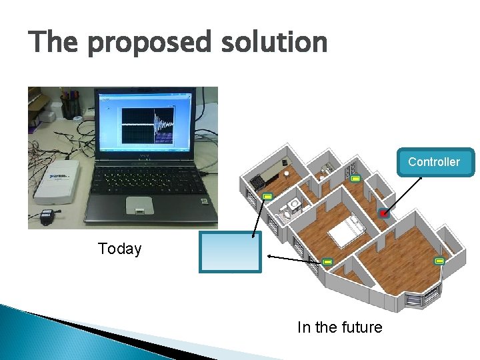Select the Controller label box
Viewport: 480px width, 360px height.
(434, 162)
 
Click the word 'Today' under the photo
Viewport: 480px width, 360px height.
(119, 249)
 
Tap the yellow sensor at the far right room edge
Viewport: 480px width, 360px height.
(440, 261)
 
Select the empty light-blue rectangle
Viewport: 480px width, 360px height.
(231, 251)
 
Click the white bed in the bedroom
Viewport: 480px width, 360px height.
(347, 234)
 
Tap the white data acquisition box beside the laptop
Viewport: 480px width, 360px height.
(57, 181)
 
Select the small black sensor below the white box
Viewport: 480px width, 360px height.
(47, 217)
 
